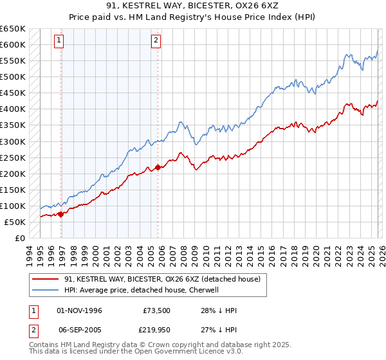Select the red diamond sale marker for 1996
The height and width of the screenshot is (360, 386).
61,215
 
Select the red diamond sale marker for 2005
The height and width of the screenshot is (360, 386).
158,167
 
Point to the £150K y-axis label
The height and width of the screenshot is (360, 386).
13,190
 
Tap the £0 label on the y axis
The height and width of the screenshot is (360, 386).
19,239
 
